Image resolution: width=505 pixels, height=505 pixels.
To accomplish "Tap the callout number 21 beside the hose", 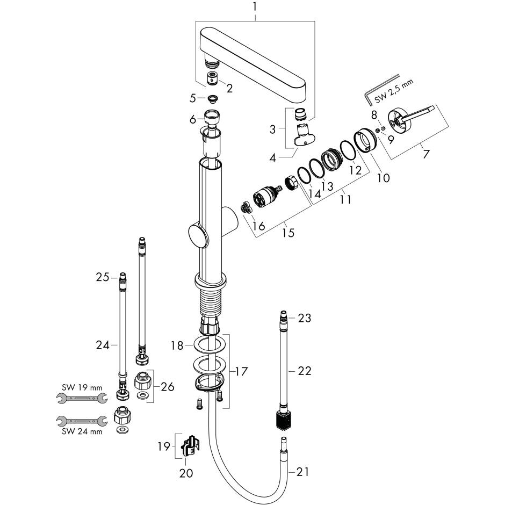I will pyautogui.click(x=303, y=472).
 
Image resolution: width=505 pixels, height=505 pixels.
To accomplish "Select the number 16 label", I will pyautogui.click(x=259, y=226).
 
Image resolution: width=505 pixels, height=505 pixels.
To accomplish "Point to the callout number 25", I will pyautogui.click(x=103, y=277).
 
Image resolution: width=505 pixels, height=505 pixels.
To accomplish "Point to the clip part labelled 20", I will pyautogui.click(x=189, y=444).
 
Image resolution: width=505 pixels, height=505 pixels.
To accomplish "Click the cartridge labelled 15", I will pyautogui.click(x=266, y=196).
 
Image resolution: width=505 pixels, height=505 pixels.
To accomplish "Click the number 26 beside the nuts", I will pyautogui.click(x=168, y=386).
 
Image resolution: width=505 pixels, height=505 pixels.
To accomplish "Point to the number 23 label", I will pyautogui.click(x=305, y=318).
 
